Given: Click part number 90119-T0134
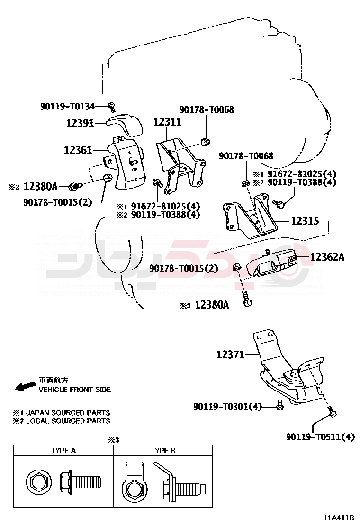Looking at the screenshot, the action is click(67, 107).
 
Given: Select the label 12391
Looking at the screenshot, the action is click(80, 123).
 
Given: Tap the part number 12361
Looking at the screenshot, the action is click(78, 150).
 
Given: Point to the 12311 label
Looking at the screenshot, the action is click(167, 122).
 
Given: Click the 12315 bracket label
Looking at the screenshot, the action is click(305, 221).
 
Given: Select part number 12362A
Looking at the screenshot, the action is click(327, 257).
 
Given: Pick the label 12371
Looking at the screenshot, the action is click(230, 354).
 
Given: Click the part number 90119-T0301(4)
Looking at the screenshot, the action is click(227, 407).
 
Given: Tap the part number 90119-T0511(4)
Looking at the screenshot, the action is click(320, 437).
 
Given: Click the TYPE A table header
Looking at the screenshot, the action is click(63, 451).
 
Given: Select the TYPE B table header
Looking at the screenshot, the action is click(163, 451).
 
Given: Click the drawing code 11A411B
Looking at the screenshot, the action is click(339, 517).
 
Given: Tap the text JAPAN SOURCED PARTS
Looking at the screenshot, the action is click(68, 413).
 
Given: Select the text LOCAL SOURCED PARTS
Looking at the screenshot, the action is click(68, 421).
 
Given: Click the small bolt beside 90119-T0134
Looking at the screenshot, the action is click(112, 107).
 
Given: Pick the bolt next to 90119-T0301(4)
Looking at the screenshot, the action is click(279, 405).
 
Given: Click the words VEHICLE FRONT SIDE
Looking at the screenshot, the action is click(74, 390).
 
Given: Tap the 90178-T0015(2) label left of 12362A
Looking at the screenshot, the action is click(184, 269).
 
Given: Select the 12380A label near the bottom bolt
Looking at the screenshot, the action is click(212, 305).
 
